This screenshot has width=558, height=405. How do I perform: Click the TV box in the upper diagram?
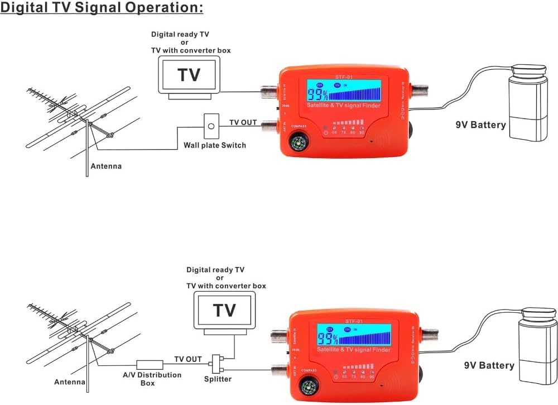189,75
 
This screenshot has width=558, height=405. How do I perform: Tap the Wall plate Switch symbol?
210,126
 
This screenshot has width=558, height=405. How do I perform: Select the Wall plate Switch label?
215,145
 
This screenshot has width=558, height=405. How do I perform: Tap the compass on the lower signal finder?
307,387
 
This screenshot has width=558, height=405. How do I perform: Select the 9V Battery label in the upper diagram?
480,125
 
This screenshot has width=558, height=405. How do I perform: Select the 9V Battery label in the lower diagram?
489,365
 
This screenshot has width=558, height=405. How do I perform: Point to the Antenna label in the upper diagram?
106,166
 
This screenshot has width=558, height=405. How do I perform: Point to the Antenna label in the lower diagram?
69,383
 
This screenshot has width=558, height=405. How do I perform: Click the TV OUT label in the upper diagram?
243,122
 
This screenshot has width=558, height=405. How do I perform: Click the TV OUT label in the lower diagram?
188,359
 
